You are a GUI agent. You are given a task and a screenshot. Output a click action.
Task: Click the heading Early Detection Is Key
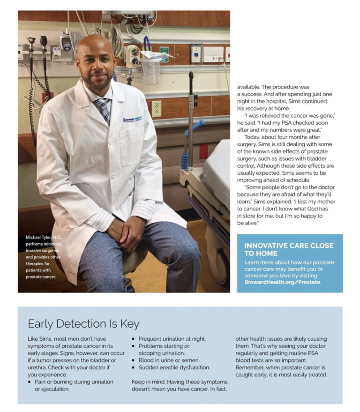coord(83,324)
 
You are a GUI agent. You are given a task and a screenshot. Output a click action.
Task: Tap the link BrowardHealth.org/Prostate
coord(282,283)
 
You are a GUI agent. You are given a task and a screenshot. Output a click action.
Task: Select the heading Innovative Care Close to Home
coord(289,249)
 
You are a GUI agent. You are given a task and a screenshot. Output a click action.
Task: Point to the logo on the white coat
coord(132,119)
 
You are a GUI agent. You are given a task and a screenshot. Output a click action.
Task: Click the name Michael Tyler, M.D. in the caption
coord(44,238)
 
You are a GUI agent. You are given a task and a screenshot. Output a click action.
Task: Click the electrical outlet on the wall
coord(157,109)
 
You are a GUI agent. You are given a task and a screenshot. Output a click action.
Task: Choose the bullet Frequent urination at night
coord(172,339)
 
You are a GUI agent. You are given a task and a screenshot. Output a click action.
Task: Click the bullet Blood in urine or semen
coord(170,360)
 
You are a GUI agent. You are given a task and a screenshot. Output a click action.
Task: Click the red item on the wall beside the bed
coord(203,151)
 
